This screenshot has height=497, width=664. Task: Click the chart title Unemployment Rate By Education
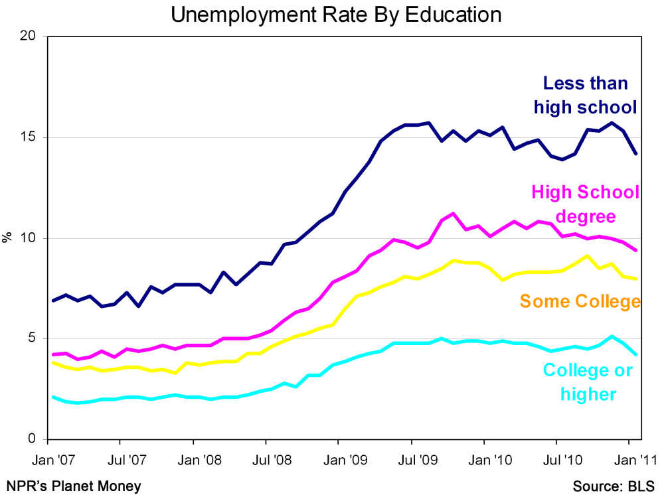pos(335,14)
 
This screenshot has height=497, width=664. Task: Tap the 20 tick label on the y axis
pos(29,36)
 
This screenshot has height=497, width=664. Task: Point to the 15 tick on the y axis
pos(31,137)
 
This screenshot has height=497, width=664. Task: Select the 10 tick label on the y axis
pos(31,238)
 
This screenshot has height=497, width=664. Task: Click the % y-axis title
pos(8,238)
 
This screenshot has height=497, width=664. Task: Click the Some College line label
pos(580,301)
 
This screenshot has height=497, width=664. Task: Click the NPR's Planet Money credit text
pos(74,486)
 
